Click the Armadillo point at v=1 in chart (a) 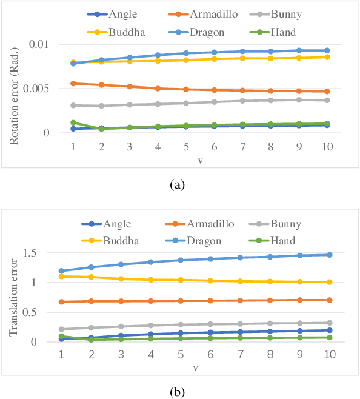[x=73, y=83]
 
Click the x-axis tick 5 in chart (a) [x=187, y=147]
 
